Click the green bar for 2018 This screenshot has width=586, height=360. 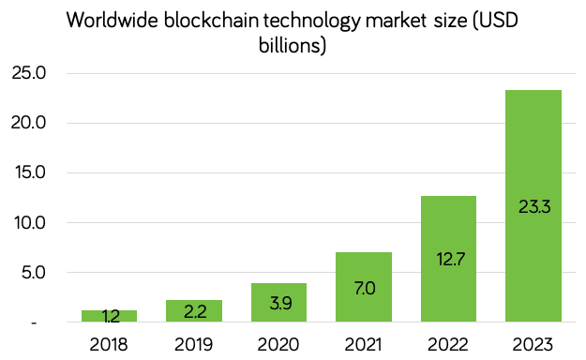[110, 317]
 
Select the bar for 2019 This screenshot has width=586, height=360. [194, 312]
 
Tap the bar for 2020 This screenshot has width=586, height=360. [278, 304]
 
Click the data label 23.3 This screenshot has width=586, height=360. [533, 207]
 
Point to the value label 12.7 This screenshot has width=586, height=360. [448, 257]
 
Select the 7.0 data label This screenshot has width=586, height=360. [364, 288]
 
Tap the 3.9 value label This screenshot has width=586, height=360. [278, 304]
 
